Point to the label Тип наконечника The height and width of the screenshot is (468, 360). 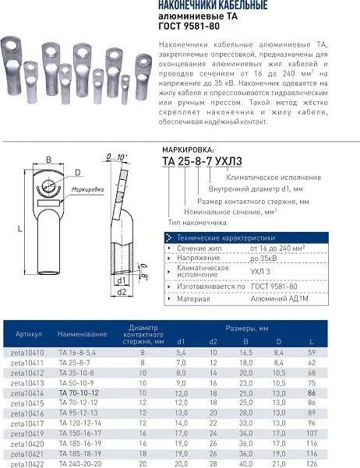pyautogui.click(x=206, y=223)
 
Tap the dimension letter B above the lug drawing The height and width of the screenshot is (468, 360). pyautogui.click(x=48, y=159)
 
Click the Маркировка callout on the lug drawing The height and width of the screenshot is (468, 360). pyautogui.click(x=89, y=189)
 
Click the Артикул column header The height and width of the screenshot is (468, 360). pyautogui.click(x=28, y=334)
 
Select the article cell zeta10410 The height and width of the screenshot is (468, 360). pyautogui.click(x=29, y=352)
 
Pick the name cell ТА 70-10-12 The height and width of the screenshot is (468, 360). pyautogui.click(x=79, y=395)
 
